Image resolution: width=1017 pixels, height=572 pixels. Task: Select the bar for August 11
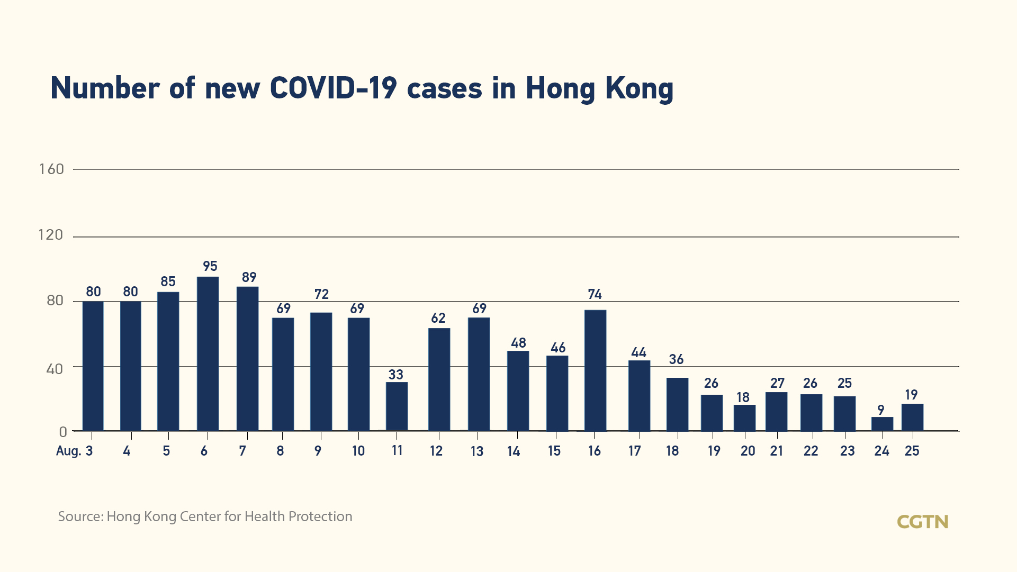tap(397, 406)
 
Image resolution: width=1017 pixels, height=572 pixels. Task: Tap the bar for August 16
tap(595, 370)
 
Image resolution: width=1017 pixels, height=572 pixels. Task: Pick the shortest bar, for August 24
tap(882, 424)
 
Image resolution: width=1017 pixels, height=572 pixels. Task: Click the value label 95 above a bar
tap(210, 266)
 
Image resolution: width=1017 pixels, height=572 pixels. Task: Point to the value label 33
tap(396, 375)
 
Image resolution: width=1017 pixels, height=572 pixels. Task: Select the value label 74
tap(595, 294)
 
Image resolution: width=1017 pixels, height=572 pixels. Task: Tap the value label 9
tap(881, 410)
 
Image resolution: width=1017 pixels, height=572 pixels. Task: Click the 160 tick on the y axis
tap(51, 169)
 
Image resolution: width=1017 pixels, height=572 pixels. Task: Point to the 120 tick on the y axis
tap(51, 235)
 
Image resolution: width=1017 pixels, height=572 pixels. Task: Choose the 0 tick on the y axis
tap(63, 432)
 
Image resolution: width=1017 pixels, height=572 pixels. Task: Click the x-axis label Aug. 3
tap(75, 451)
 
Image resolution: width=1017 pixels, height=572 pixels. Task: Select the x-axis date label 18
tap(672, 451)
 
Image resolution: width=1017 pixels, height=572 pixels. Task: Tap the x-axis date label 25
tap(912, 451)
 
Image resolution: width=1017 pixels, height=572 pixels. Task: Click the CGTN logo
tap(922, 522)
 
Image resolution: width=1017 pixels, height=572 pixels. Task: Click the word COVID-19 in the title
tap(333, 88)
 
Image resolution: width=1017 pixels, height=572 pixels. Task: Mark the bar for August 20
tap(744, 418)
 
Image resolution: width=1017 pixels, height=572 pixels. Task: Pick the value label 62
tap(438, 318)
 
